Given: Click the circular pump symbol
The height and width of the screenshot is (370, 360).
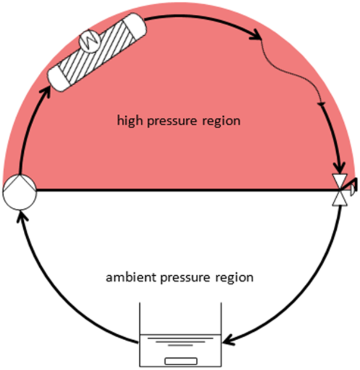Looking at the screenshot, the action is pos(20,192).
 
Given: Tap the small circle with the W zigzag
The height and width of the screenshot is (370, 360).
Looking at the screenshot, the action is pos(89,42).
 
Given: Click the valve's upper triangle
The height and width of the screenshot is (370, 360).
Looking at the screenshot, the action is pos(340,181).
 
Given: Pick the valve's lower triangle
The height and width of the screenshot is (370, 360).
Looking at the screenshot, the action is pos(340,199).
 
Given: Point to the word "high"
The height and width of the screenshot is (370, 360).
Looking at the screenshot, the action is pos(130,121).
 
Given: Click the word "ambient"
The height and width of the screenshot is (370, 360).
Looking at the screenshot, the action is pos(131,277).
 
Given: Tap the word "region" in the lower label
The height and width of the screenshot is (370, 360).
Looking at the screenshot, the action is pos(234,278).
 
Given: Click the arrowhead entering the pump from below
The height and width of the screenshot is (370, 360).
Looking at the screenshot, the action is pos(21,215).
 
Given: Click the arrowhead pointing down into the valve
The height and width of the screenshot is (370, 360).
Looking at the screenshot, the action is pos(339,168).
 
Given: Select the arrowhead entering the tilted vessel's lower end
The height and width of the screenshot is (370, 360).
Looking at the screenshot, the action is pos(46,92).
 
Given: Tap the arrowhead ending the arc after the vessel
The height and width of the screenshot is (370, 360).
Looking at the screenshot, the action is pos(256,35).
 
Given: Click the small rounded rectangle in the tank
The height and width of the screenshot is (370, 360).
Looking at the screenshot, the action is pos(181,361).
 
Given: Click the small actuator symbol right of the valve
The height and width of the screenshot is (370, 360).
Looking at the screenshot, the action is pos(352,188).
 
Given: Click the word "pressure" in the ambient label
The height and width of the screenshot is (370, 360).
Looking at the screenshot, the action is pos(185,278).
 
